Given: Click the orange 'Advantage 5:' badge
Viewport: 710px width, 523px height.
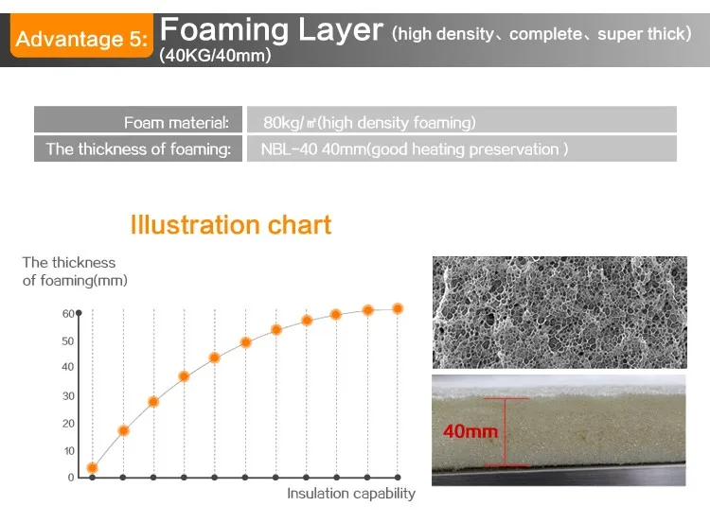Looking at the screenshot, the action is click(81, 36).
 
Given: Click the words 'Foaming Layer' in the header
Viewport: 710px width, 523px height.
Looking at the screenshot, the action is click(272, 30).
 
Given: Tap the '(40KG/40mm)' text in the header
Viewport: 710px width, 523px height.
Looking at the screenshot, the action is click(215, 55).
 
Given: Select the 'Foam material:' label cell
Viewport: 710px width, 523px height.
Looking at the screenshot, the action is click(138, 120).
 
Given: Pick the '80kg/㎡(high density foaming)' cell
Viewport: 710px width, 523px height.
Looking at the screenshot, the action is click(462, 120).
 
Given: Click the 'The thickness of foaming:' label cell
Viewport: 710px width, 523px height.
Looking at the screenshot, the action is click(138, 148).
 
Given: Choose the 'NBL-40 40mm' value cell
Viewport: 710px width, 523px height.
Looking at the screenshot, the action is click(462, 148).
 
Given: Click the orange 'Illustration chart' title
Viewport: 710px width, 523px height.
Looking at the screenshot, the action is click(231, 225).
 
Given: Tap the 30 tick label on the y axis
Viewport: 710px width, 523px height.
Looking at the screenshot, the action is click(68, 396).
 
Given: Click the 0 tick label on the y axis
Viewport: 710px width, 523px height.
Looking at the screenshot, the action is click(71, 478).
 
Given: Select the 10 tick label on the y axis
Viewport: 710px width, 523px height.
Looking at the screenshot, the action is click(69, 451).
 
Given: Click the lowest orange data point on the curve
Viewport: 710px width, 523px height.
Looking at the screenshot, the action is click(93, 468).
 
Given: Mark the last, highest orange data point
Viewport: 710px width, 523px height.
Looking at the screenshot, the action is click(398, 308).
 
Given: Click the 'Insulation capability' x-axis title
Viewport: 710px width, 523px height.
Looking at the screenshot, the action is click(351, 493).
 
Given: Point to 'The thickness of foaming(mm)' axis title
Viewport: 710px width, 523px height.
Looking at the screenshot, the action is click(75, 271).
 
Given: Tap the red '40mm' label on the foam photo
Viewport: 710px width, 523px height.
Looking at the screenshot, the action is click(470, 431).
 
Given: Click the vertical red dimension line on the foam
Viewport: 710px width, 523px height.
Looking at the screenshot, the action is click(506, 431).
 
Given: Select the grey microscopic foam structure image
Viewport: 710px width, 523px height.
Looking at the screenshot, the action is click(559, 312).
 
